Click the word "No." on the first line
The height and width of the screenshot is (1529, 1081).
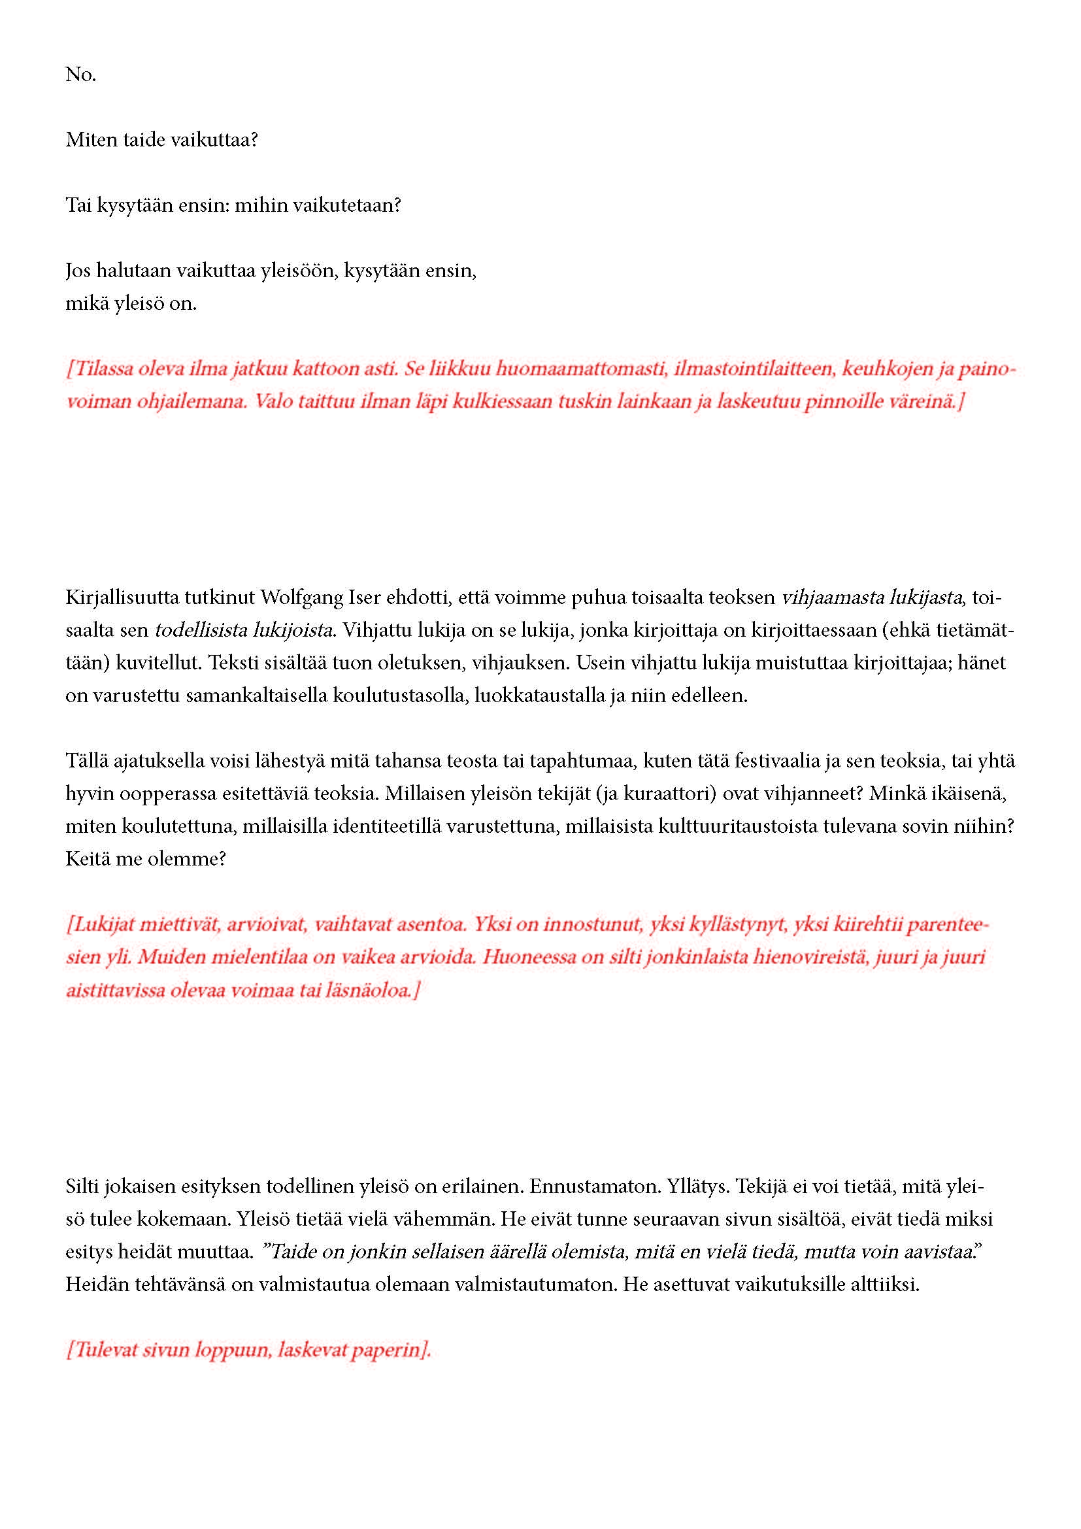point(80,75)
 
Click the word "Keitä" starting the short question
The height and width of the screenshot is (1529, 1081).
point(84,858)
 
